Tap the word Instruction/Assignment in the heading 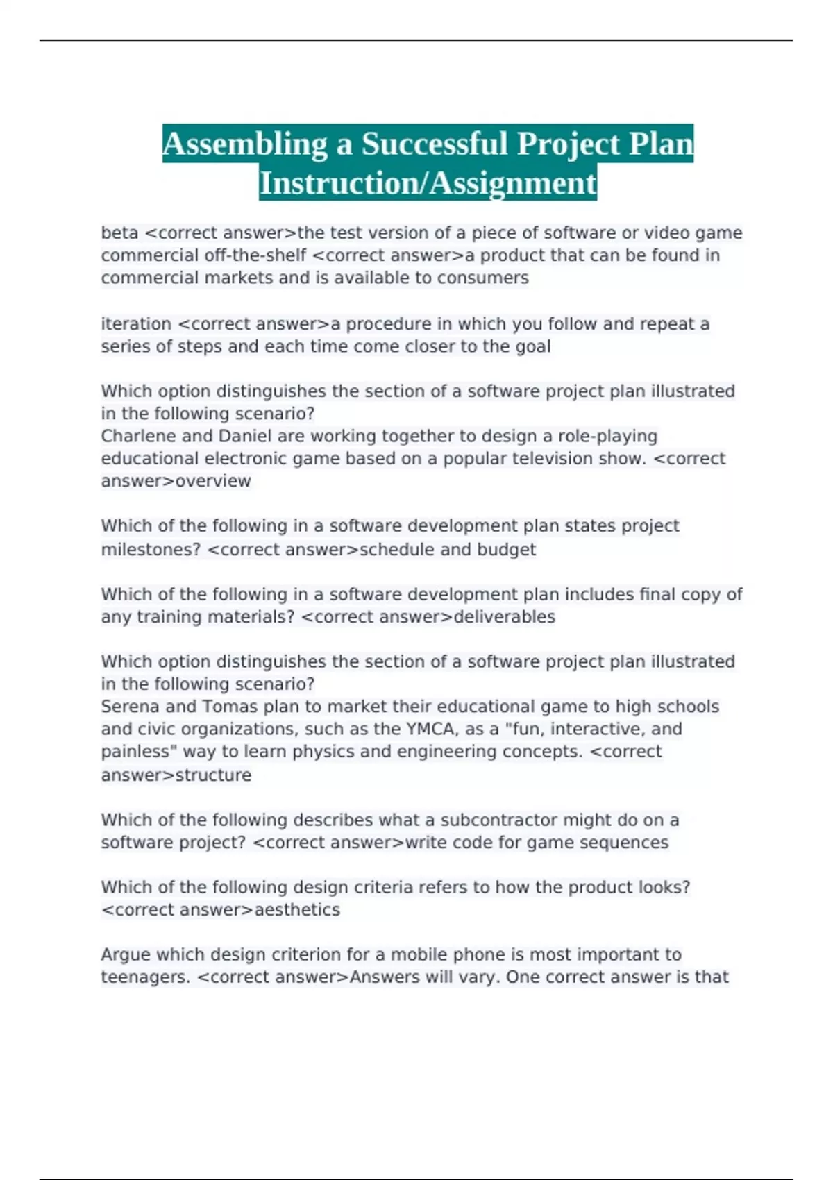tap(428, 183)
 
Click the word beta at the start tap(119, 233)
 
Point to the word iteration tap(136, 324)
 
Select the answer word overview tap(213, 481)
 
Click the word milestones tap(151, 549)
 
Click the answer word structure tap(214, 775)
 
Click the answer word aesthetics tap(297, 909)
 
